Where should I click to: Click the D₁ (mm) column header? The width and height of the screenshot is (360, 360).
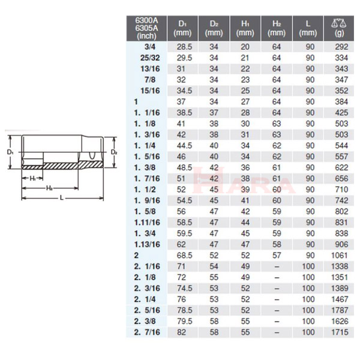tap(182, 28)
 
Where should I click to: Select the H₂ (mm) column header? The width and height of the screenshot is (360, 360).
tap(277, 28)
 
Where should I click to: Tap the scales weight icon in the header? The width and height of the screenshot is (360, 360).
tap(339, 23)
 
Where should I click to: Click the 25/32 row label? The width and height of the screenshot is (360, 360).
tap(150, 58)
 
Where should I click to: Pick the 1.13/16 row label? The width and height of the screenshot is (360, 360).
tap(147, 245)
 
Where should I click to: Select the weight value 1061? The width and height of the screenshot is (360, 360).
tap(340, 256)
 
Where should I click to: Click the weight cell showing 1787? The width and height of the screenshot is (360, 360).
tap(340, 310)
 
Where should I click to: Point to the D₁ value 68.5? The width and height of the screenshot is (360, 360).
tap(184, 256)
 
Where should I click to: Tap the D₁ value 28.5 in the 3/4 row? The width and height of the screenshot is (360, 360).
tap(184, 47)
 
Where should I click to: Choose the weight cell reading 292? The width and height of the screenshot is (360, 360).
tap(341, 47)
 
